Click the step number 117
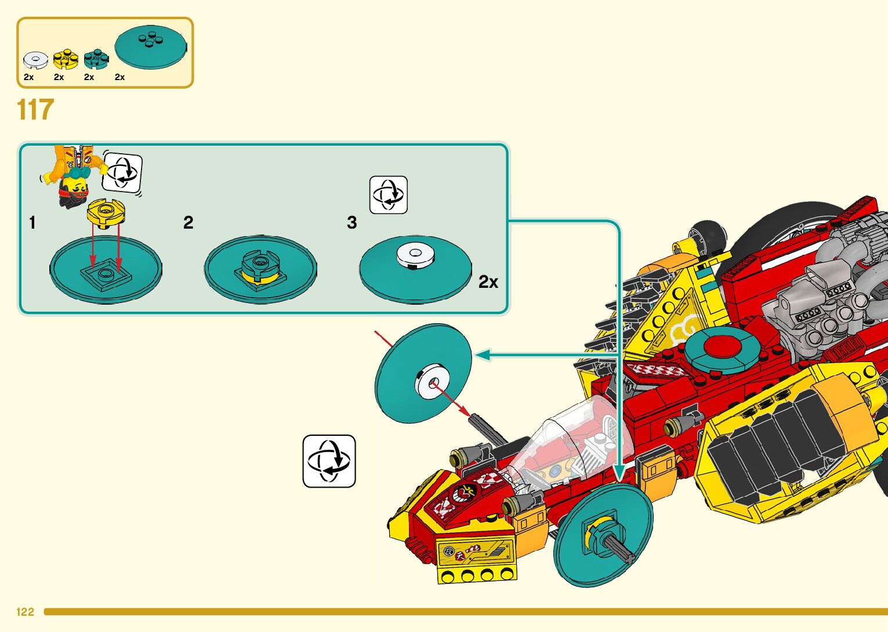(x=35, y=110)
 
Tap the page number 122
(x=26, y=612)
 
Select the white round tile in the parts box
(x=35, y=60)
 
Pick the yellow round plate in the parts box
(x=65, y=59)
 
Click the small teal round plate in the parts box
(x=96, y=59)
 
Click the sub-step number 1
(x=32, y=223)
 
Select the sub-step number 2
(x=188, y=223)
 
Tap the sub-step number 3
(x=351, y=223)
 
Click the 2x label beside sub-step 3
(x=488, y=282)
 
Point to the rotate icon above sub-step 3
(x=389, y=195)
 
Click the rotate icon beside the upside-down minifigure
(x=122, y=172)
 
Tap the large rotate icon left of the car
(x=329, y=461)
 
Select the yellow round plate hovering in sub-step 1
(x=106, y=212)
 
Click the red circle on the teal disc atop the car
(x=722, y=347)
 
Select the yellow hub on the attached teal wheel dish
(x=600, y=532)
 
